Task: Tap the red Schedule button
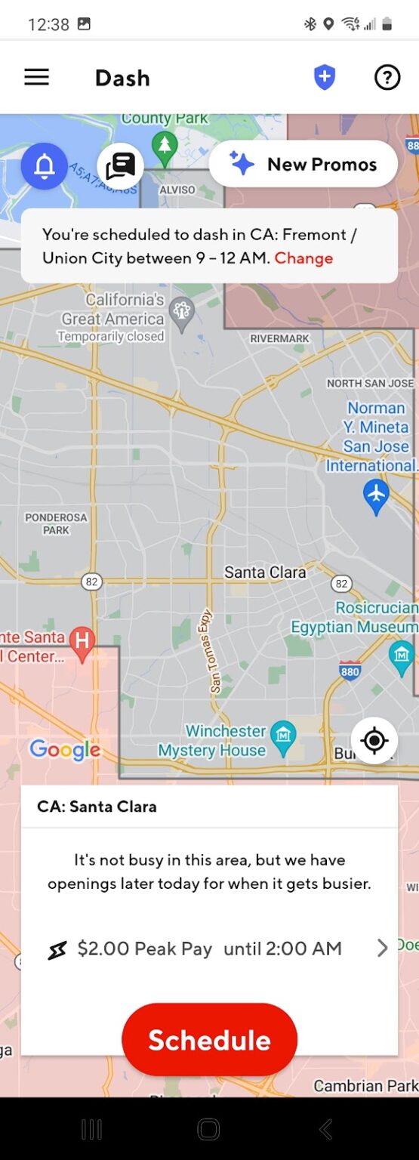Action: click(209, 1040)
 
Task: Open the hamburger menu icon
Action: click(36, 77)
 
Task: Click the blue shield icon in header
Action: click(325, 77)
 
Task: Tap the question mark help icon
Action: click(387, 77)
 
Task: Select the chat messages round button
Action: click(120, 165)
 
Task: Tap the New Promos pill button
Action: click(303, 164)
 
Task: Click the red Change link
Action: click(303, 258)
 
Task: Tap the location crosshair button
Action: click(374, 741)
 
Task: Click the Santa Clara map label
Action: click(265, 572)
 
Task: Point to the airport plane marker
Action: click(376, 495)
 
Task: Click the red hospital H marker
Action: click(82, 641)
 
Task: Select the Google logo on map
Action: click(65, 750)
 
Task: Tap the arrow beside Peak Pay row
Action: click(382, 949)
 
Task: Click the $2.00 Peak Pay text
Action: click(144, 949)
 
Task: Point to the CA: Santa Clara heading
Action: click(97, 807)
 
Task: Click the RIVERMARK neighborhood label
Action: click(280, 339)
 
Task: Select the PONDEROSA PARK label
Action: click(56, 523)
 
